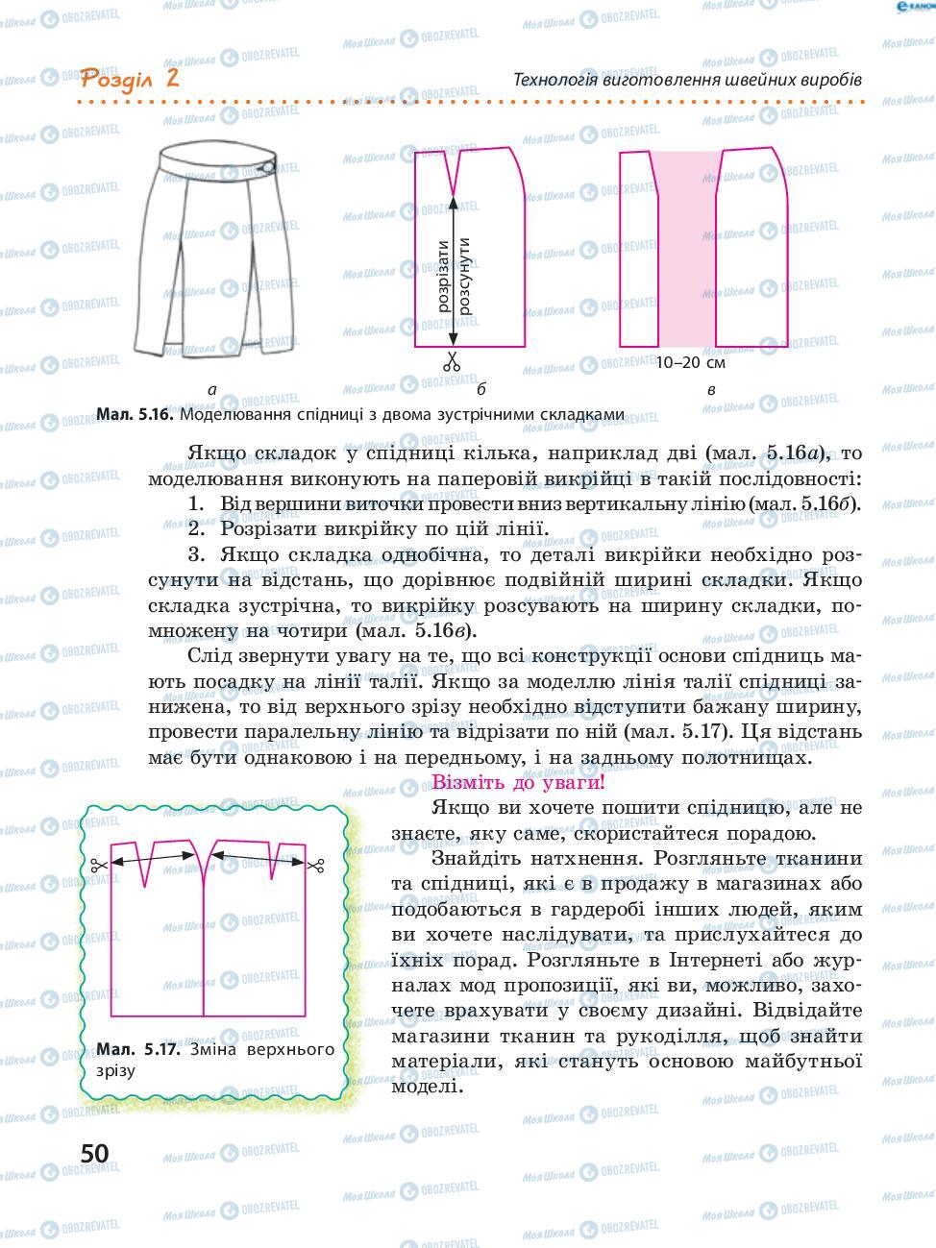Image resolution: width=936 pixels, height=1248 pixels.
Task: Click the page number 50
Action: [94, 1153]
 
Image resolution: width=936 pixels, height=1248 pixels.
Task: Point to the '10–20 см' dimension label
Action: [689, 363]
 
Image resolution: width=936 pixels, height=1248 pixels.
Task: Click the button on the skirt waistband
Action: [267, 169]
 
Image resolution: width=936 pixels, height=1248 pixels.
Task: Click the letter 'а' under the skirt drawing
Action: [211, 390]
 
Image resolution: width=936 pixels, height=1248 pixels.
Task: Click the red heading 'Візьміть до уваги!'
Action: [518, 782]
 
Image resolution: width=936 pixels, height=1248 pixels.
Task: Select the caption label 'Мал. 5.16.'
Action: [135, 415]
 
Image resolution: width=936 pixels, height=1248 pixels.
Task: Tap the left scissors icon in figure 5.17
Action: [97, 866]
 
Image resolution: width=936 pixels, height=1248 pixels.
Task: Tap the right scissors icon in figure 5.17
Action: [315, 866]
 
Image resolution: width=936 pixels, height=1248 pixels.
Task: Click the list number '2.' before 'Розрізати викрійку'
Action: [197, 528]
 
